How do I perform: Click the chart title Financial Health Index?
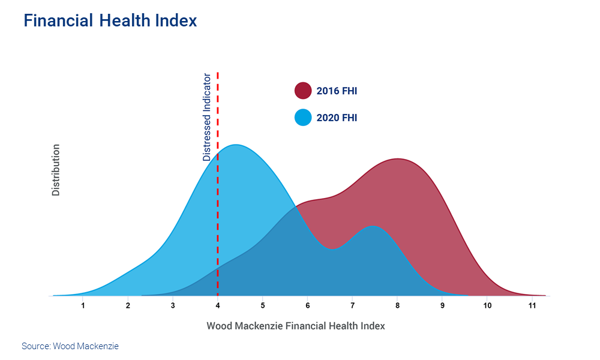(x=110, y=21)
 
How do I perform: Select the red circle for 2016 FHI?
(x=303, y=91)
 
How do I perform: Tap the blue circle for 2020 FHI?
(x=303, y=118)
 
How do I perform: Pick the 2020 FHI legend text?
(x=337, y=118)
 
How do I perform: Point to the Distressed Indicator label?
(x=207, y=118)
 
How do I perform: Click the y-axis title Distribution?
(x=56, y=170)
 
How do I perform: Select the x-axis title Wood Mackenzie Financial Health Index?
(x=296, y=326)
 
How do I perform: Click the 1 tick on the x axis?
(x=83, y=306)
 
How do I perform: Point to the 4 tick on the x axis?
(x=218, y=306)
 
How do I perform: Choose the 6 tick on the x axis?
(x=308, y=306)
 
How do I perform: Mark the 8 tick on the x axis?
(x=397, y=306)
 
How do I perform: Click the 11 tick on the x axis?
(x=532, y=306)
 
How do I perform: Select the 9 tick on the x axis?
(x=442, y=306)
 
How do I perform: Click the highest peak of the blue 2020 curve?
(x=236, y=145)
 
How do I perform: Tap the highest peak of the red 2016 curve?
(x=397, y=159)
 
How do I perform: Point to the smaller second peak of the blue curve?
(x=373, y=226)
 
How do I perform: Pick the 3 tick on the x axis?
(x=173, y=306)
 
